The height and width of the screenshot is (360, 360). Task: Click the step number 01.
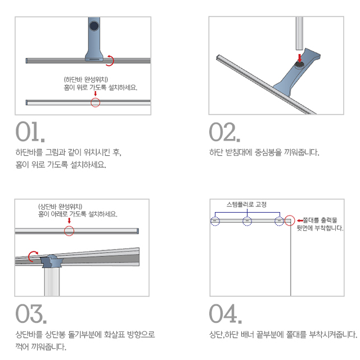coord(30,132)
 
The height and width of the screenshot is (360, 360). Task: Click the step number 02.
coord(224,132)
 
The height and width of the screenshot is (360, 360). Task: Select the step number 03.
coord(31,314)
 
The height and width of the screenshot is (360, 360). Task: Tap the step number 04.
coord(226,314)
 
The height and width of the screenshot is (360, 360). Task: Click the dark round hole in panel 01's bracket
coord(94,26)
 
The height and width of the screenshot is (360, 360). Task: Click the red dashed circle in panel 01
coord(95,102)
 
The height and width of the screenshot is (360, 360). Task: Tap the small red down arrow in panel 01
coord(96,94)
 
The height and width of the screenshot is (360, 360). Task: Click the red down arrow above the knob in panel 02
coord(300,58)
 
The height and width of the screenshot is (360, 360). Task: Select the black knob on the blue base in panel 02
coord(299,65)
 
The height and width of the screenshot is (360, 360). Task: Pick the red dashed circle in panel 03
coord(69,231)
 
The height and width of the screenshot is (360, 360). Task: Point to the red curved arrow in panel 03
coord(30,255)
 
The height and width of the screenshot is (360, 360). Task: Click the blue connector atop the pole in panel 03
coord(52,261)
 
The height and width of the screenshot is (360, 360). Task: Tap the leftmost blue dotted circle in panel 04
coord(215,221)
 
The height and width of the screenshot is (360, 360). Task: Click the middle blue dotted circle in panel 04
coord(247,221)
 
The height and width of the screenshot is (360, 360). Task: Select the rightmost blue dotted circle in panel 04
coord(279,221)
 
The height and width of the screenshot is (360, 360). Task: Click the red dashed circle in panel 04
coord(290,220)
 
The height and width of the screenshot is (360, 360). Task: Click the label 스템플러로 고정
coord(246,204)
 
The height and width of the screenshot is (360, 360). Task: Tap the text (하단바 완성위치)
coord(86,79)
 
